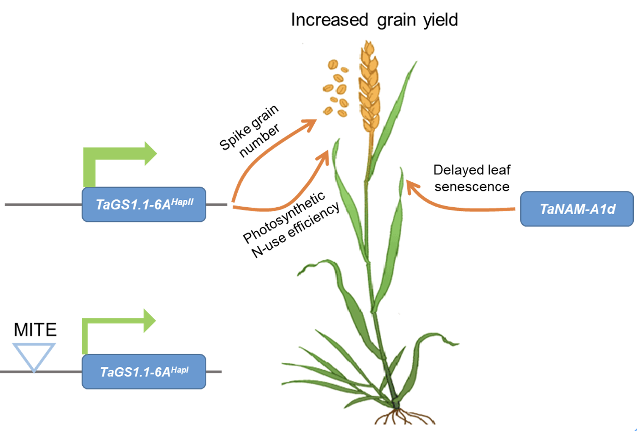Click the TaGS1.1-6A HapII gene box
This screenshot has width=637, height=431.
(x=144, y=204)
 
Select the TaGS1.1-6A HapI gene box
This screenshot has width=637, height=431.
(x=144, y=371)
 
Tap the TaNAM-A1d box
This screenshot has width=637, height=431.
(x=577, y=209)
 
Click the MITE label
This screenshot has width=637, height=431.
(x=35, y=329)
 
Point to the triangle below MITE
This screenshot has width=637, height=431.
(x=34, y=354)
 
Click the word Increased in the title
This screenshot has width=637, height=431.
(x=329, y=20)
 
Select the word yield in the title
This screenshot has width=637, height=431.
(x=440, y=20)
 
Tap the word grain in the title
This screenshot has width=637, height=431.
(x=396, y=20)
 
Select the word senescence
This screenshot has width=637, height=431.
(x=472, y=186)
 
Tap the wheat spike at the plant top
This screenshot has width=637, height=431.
(x=369, y=85)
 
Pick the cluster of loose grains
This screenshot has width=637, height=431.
(x=336, y=88)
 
